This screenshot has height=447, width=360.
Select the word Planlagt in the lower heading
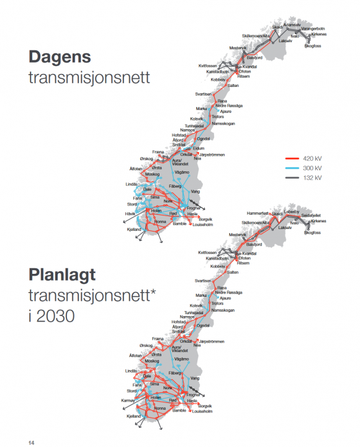(66, 276)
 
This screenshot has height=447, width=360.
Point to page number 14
(30, 441)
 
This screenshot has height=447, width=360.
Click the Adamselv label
(292, 25)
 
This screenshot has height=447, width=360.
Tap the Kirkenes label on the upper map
(319, 34)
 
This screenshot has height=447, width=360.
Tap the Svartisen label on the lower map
(204, 281)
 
